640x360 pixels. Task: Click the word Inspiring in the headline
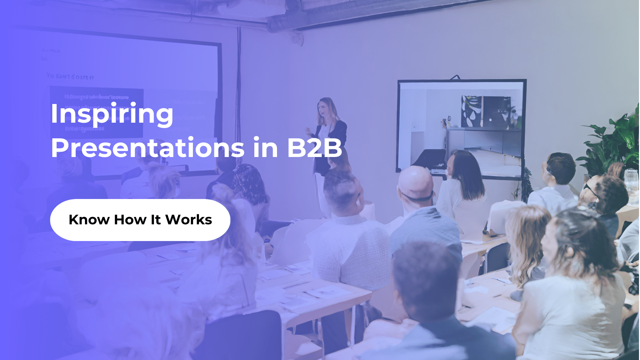[x=112, y=114]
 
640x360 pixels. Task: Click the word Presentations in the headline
[x=148, y=148]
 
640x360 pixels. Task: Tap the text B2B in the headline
[x=314, y=148]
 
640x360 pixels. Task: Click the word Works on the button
[x=189, y=220]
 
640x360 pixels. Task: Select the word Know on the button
[x=89, y=220]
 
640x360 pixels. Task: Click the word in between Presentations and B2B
[x=265, y=148]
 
